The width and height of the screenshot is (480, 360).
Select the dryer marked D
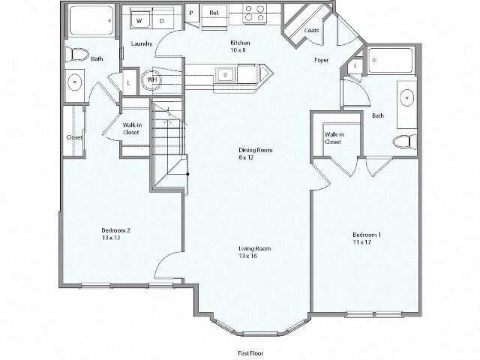click(161, 22)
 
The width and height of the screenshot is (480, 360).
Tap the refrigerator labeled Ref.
click(214, 13)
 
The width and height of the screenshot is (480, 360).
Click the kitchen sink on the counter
click(224, 74)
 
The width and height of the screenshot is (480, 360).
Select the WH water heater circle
click(152, 79)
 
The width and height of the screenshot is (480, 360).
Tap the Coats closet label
click(312, 31)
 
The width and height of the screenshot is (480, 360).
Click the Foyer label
click(321, 59)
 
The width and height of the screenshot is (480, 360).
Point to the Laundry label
click(142, 43)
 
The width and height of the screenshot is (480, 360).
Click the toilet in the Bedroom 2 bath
click(76, 54)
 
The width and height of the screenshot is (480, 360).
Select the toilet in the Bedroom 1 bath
click(403, 140)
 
